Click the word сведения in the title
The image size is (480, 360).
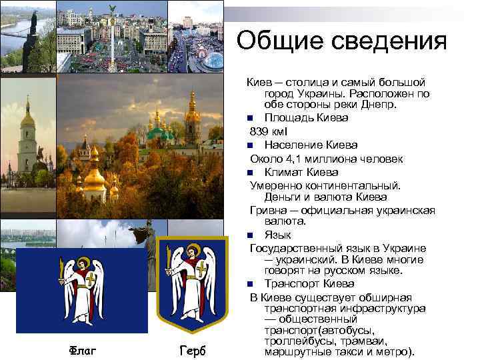(x=394, y=41)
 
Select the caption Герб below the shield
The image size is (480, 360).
(x=193, y=351)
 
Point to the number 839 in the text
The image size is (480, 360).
(x=260, y=131)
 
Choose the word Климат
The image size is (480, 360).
(x=284, y=171)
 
